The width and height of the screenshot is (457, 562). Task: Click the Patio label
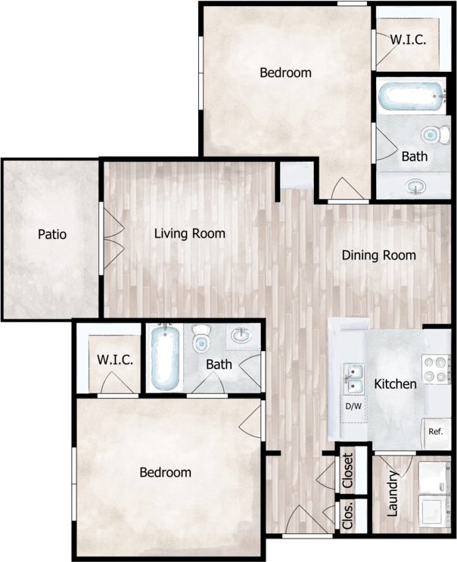(52, 234)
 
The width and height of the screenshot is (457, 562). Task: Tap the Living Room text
(189, 234)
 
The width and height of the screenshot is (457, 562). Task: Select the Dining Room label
(378, 256)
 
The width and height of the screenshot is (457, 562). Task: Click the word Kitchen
(396, 384)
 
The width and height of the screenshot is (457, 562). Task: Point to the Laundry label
(393, 493)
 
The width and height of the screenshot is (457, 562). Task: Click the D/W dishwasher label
(353, 407)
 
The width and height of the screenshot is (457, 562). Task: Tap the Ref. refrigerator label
(435, 432)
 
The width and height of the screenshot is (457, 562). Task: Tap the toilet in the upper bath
(431, 135)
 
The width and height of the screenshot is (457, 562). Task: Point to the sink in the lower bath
(242, 335)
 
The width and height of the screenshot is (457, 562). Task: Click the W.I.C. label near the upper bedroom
(409, 39)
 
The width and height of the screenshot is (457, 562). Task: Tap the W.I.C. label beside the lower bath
(115, 360)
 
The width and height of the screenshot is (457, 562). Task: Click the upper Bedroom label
(285, 73)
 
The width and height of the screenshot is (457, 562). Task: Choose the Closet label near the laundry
(348, 469)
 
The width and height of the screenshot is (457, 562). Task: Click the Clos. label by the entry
(349, 514)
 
